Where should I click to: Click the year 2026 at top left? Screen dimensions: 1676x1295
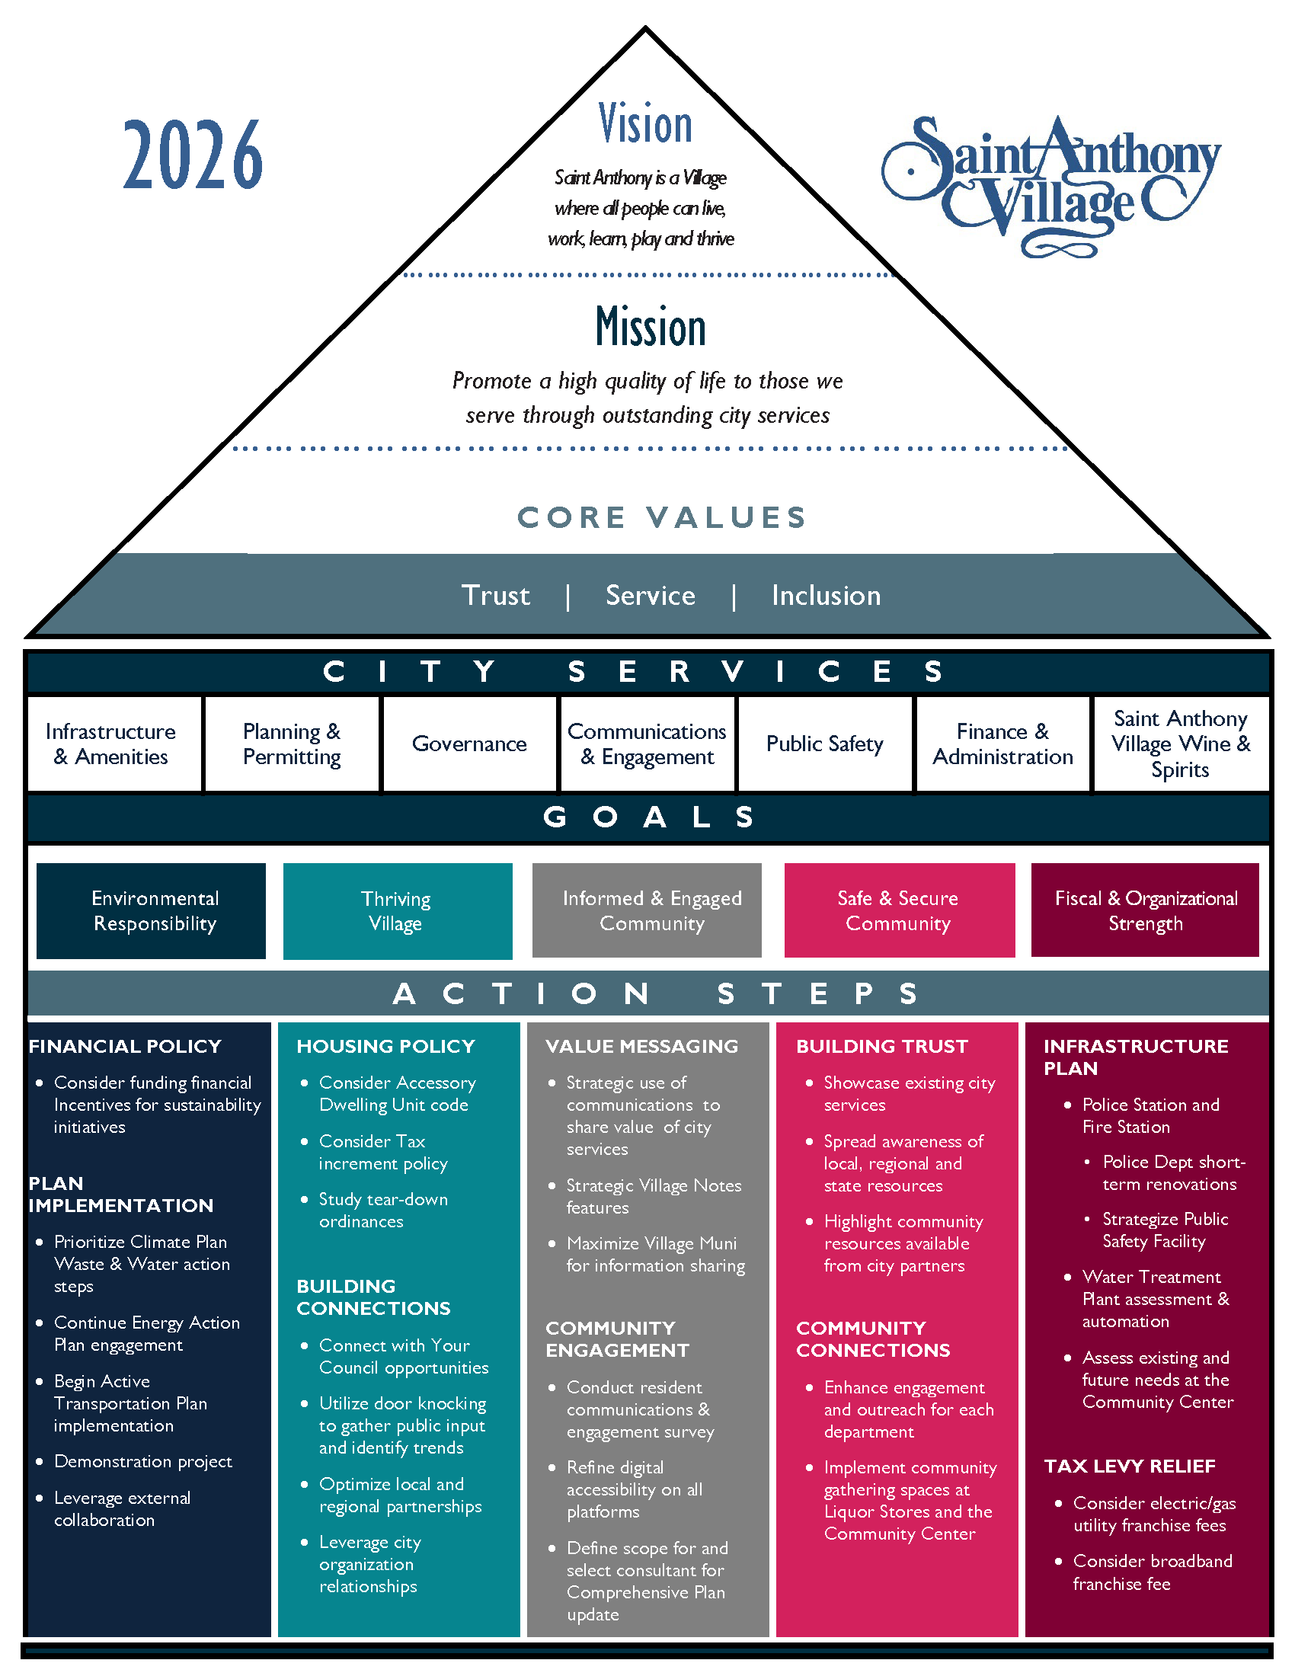point(193,155)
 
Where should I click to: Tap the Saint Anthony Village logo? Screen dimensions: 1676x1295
point(1050,184)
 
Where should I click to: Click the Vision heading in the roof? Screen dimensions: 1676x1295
point(645,124)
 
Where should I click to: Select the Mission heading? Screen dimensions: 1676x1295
point(651,327)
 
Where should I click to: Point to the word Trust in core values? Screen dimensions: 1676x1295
point(496,596)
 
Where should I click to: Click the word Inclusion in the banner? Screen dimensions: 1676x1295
point(827,596)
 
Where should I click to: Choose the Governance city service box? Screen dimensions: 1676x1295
point(468,744)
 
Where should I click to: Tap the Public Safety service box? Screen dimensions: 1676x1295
point(825,744)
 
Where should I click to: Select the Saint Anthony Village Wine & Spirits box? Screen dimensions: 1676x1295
point(1180,744)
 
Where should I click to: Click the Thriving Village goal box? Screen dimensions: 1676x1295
point(397,911)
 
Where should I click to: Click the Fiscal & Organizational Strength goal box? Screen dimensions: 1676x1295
point(1145,910)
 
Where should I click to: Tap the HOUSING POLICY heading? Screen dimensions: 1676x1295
point(386,1046)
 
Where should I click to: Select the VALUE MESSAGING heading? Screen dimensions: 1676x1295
point(641,1046)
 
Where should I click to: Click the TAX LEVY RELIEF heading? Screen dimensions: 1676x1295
point(1129,1466)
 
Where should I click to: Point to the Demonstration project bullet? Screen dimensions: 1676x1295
point(142,1461)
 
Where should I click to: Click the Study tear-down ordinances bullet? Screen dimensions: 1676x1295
point(383,1211)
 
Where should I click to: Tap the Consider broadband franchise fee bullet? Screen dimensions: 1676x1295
point(1152,1572)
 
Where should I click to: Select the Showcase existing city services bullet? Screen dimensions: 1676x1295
point(909,1093)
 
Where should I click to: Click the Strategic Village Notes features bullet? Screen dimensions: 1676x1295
point(654,1196)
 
